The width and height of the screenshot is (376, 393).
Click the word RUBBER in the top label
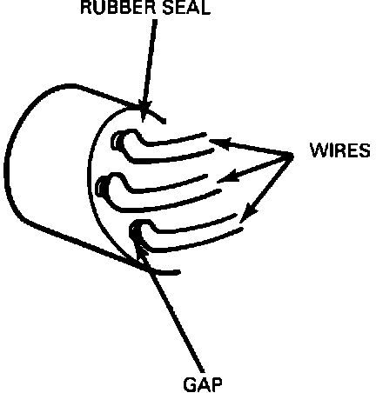coord(118,8)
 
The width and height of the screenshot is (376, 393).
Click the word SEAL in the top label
coord(186,8)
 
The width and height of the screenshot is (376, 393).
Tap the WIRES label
coord(340,150)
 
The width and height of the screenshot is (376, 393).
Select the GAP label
coord(203,384)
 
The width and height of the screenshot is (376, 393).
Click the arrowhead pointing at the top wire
coord(219,143)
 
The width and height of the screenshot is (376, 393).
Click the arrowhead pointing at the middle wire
coord(228,177)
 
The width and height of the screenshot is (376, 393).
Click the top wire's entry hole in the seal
coord(117,141)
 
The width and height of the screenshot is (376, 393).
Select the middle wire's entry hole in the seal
coord(101,188)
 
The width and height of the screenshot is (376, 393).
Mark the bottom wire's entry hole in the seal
coord(134,230)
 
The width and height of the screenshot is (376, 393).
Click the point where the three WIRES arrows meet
coord(291,156)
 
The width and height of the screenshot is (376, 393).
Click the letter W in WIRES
coord(318,150)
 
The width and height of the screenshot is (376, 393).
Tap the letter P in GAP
coord(216,384)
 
